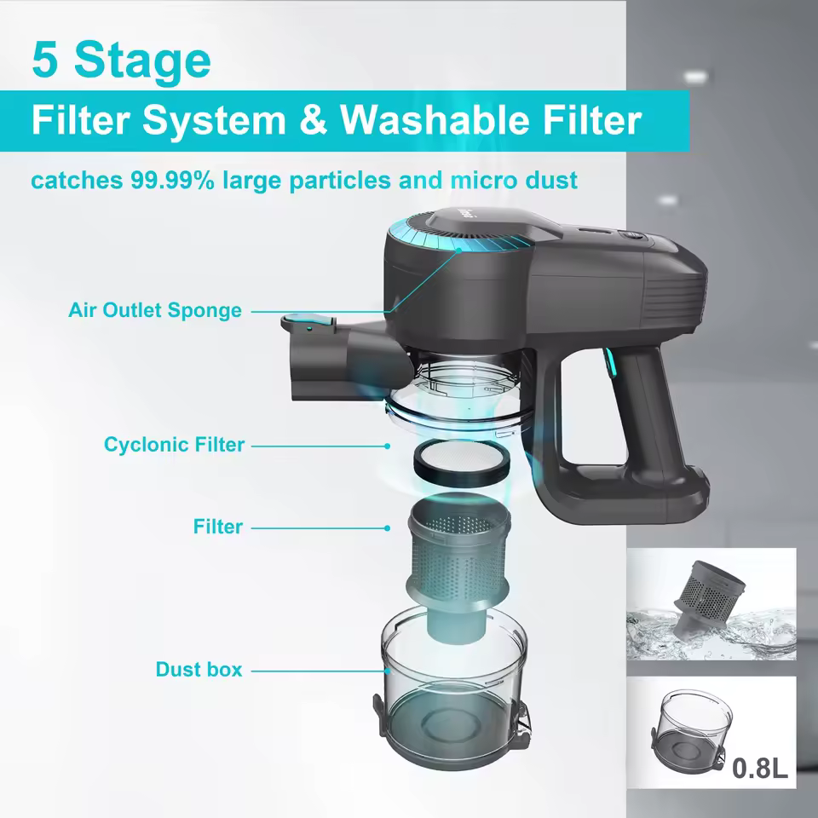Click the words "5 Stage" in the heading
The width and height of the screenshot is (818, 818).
click(120, 60)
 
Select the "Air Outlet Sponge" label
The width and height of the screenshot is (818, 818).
click(154, 310)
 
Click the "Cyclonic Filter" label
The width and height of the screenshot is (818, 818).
click(174, 444)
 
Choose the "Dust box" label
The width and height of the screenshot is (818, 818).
click(199, 670)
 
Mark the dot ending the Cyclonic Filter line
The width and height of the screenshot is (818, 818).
click(388, 446)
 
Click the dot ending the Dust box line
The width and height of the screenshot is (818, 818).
click(388, 671)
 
